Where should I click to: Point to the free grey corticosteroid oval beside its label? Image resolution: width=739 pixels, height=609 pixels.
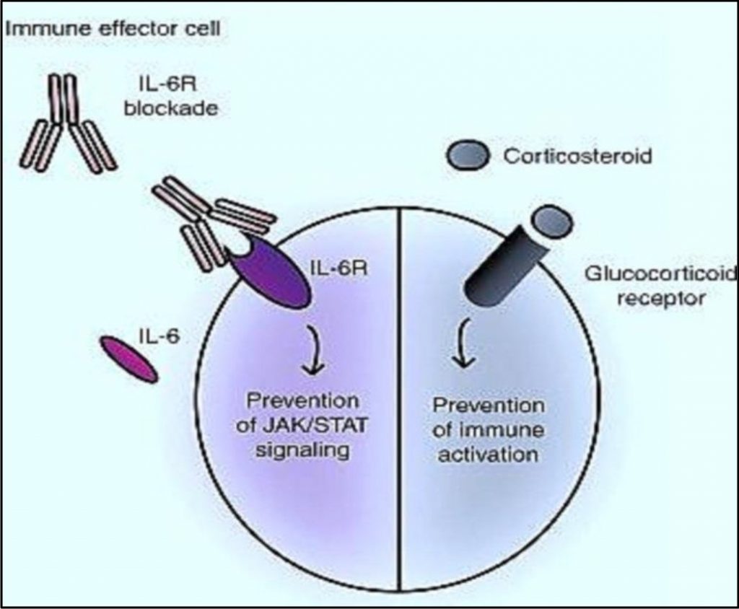(467, 154)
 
